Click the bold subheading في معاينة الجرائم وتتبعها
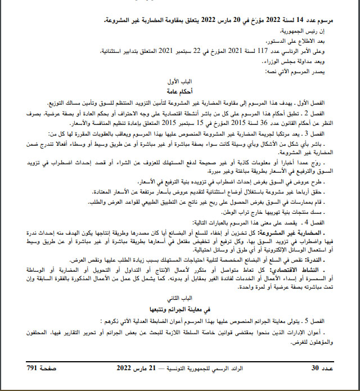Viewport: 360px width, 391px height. tap(180, 309)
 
